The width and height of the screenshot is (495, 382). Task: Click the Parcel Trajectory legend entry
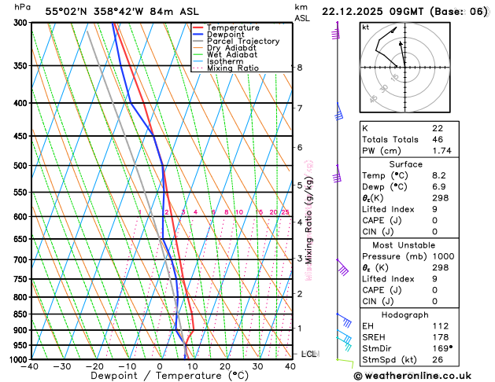coord(242,41)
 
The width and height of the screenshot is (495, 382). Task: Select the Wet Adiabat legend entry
coord(235,55)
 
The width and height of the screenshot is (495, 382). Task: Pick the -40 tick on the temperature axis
coord(31,366)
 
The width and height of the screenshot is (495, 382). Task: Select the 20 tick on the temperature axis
coord(225,366)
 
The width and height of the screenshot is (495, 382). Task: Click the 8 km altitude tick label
coord(300,68)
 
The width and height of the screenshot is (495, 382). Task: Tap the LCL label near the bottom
coord(308,354)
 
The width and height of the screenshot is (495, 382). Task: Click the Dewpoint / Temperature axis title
coord(160,376)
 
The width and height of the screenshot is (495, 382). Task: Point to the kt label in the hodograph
coord(366,28)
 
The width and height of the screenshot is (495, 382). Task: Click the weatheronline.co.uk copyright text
coord(422,374)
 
